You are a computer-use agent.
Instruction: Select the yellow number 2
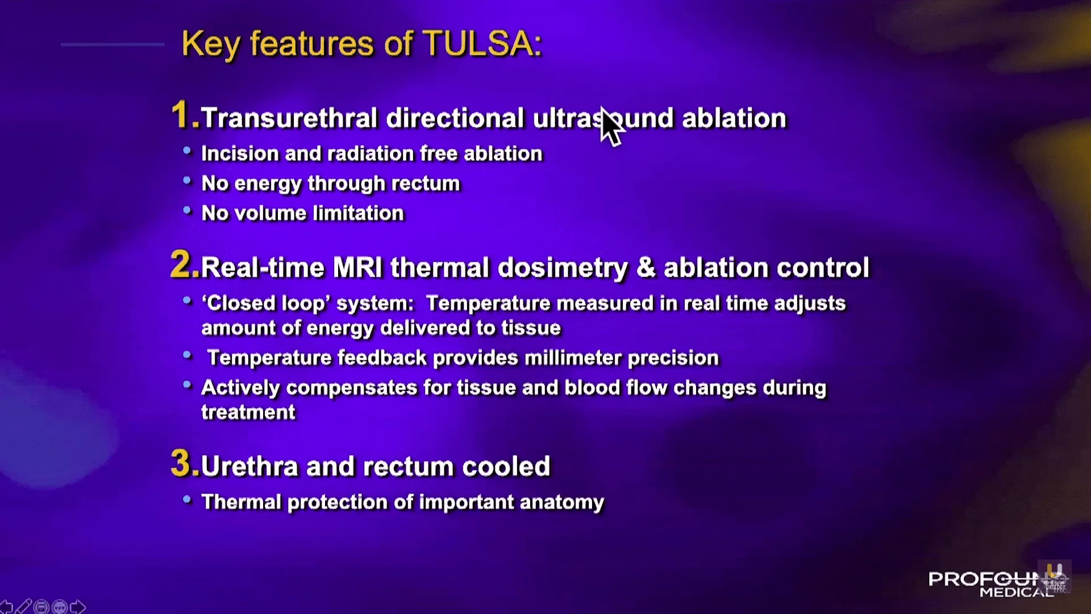(181, 265)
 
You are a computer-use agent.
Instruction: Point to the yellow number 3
(181, 463)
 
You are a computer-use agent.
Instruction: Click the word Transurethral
(289, 118)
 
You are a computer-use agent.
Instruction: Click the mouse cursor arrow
(611, 126)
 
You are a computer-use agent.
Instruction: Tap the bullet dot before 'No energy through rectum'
(187, 181)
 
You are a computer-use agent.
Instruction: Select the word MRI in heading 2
(358, 267)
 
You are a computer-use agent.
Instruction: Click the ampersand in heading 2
(646, 267)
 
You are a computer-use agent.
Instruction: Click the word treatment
(248, 412)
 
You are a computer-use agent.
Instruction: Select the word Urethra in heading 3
(249, 467)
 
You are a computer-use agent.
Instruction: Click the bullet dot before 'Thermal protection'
(187, 500)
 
